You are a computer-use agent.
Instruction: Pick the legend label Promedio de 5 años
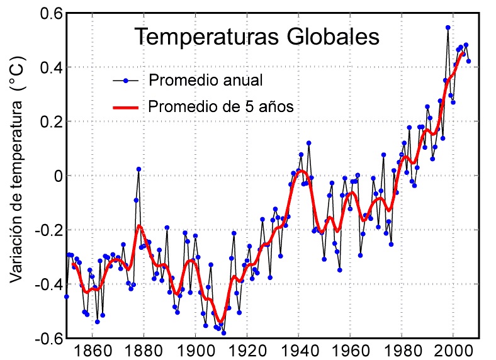click(221, 107)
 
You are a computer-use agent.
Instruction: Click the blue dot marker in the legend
click(126, 81)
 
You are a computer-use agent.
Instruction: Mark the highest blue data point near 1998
click(448, 28)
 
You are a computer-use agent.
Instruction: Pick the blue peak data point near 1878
click(138, 169)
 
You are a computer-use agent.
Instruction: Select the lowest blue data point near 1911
click(223, 333)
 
